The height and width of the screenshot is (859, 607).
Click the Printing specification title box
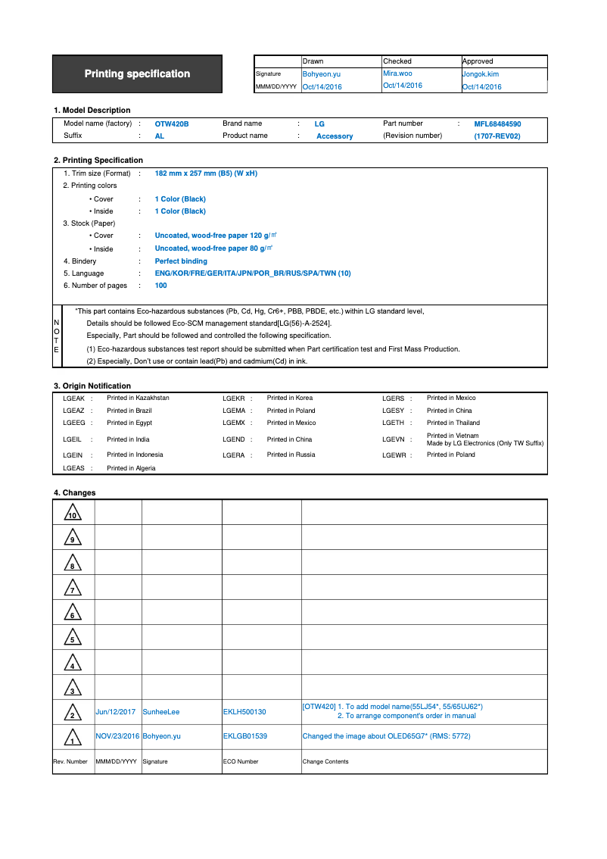point(137,74)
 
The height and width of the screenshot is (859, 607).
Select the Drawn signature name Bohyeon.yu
point(321,74)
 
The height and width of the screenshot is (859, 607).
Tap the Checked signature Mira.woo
point(397,73)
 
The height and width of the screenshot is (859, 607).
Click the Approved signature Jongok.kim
point(481,74)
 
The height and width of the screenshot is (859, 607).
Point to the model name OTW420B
point(172,123)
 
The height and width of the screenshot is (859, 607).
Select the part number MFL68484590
point(497,123)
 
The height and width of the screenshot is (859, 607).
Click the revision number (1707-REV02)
point(497,136)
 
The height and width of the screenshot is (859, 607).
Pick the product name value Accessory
point(335,136)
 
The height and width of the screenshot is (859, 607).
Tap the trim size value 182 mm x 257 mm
point(206,173)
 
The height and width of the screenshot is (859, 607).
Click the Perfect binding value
point(181,261)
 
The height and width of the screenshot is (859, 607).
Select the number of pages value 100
point(161,286)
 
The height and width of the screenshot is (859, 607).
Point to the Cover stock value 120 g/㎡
point(213,236)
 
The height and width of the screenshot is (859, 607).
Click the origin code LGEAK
point(73,398)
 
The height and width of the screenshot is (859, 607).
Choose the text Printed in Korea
point(290,398)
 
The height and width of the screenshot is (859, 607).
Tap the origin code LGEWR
point(394,455)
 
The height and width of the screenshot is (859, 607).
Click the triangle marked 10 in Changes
point(73,513)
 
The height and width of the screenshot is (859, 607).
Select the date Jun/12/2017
point(116,712)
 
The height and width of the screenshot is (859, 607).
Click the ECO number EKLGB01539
point(244,736)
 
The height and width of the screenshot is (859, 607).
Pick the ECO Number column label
point(241,761)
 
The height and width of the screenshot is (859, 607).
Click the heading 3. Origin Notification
point(92,386)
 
